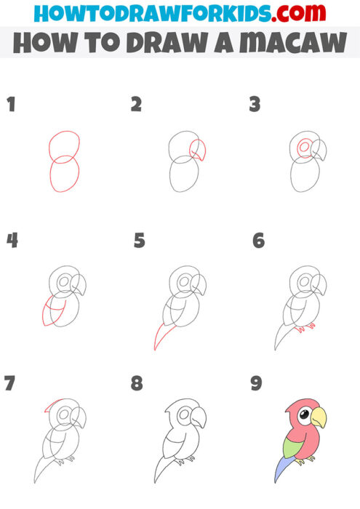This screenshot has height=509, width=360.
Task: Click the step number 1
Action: coord(11,105)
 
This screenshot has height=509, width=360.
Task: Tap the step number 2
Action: coord(136,105)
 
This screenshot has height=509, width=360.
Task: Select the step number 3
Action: coord(255,105)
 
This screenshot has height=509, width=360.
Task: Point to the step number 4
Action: coord(12,240)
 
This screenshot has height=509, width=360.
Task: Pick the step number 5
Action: coord(140,240)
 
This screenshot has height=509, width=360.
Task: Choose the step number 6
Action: coord(258,240)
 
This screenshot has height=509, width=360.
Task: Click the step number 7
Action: coord(9,382)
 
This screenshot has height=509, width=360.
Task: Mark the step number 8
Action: coord(137,382)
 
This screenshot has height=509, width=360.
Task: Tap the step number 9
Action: coord(256,382)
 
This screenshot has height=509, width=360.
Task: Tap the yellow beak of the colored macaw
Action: coord(319,419)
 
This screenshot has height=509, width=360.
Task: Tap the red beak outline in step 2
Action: coord(198,150)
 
